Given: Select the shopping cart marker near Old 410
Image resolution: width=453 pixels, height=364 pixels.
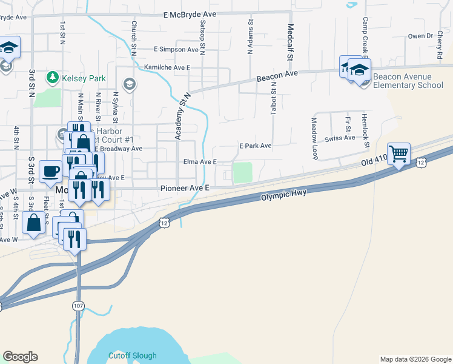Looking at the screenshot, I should pos(398,153).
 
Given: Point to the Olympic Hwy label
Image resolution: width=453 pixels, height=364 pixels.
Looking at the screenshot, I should pos(284,195).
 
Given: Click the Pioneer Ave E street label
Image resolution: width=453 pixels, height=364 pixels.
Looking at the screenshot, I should pos(185,189).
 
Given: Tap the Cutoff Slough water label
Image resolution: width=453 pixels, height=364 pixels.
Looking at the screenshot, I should pos(132,356).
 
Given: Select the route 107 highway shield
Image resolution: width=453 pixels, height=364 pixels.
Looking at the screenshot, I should pos(78,306).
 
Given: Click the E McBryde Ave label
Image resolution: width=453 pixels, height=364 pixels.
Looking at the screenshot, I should pos(190,15).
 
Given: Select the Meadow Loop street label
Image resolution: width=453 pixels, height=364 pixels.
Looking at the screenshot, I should pos(315,138).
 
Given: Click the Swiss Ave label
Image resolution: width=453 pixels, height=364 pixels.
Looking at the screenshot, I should pos(340,138).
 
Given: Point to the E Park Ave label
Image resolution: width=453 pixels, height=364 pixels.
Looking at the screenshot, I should pos(255,146).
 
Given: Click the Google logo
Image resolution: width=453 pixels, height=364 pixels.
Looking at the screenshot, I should pos(20,357).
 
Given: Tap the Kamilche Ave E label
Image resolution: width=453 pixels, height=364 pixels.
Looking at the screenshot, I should pos(167,67).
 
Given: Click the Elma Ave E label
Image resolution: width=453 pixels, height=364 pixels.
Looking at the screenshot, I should pos(200,163).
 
